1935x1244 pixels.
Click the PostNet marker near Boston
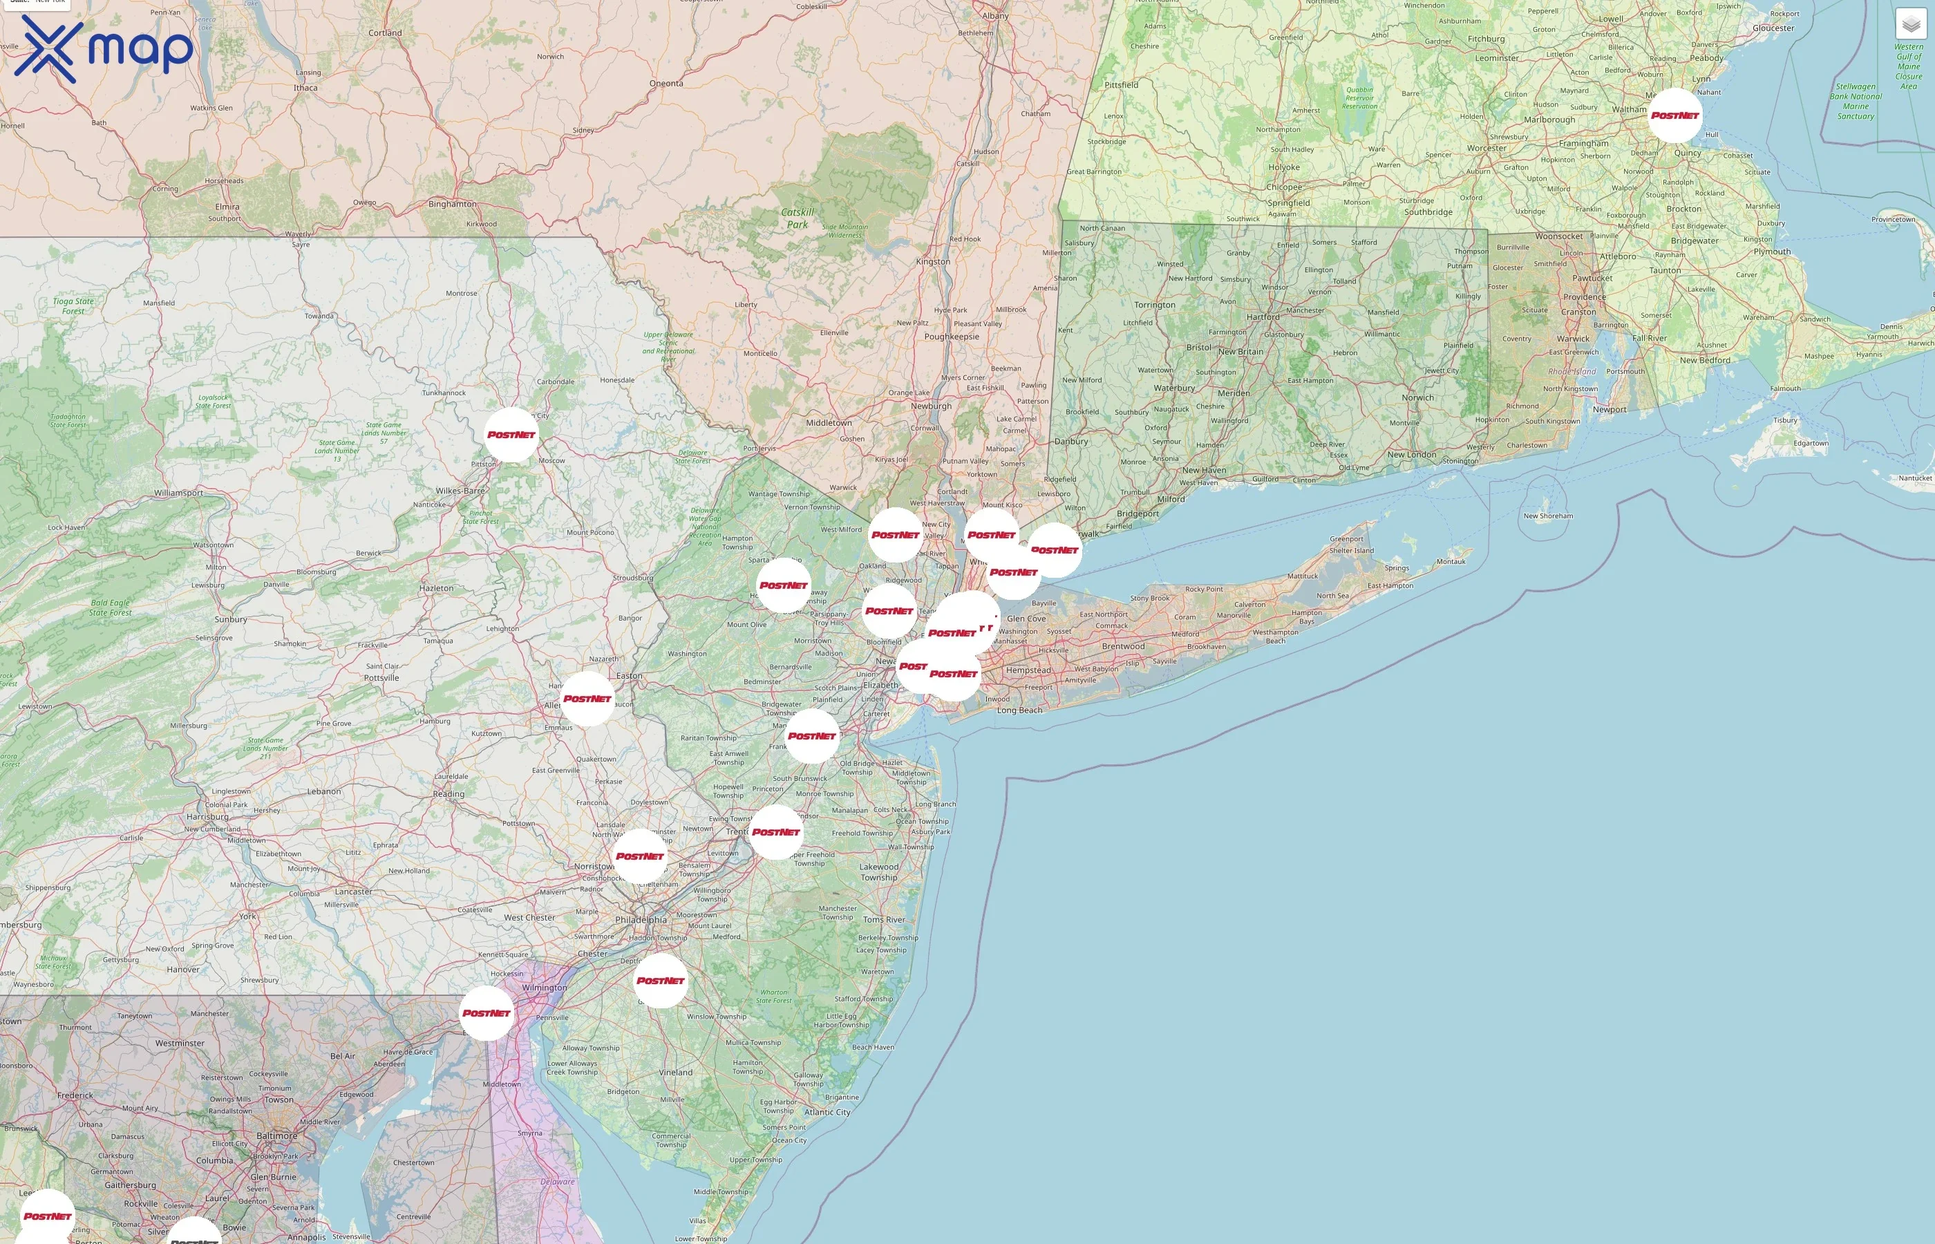[x=1674, y=115]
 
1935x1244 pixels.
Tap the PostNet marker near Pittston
[x=511, y=435]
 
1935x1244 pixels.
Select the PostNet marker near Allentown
[x=587, y=699]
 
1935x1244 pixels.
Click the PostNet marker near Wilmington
[x=487, y=1013]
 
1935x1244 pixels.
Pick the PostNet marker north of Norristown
[x=640, y=856]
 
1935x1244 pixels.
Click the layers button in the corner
[x=1911, y=24]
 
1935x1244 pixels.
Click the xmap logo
[x=104, y=49]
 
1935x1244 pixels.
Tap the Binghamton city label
[x=452, y=204]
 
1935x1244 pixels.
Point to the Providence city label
[x=1585, y=296]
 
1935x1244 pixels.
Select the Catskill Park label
[x=797, y=218]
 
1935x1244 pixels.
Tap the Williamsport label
[x=178, y=493]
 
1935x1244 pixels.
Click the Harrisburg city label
[x=207, y=817]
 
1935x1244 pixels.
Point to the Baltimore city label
[x=276, y=1135]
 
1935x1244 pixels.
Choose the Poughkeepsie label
[x=952, y=336]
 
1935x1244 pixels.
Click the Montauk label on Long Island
[x=1451, y=561]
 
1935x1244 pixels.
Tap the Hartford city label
[x=1263, y=317]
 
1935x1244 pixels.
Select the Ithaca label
[x=305, y=88]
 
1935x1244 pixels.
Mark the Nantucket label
[x=1915, y=478]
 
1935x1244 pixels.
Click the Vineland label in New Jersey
[x=675, y=1073]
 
